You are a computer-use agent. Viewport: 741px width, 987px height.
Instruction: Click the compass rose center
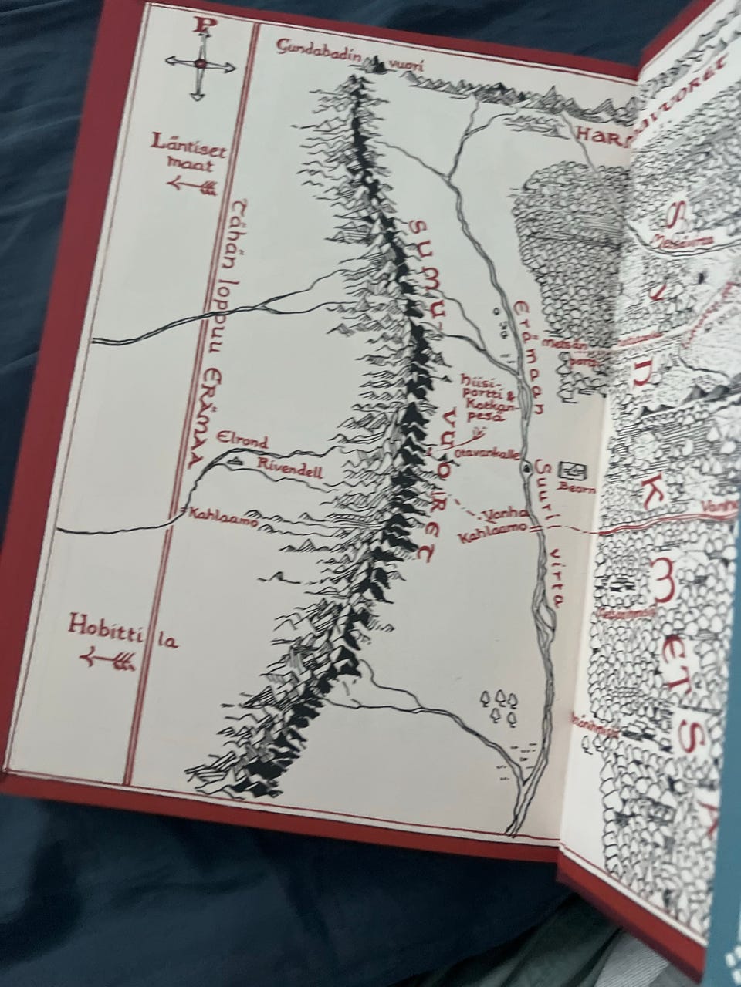tap(200, 66)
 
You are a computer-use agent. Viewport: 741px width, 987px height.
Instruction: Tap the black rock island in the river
tap(526, 467)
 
